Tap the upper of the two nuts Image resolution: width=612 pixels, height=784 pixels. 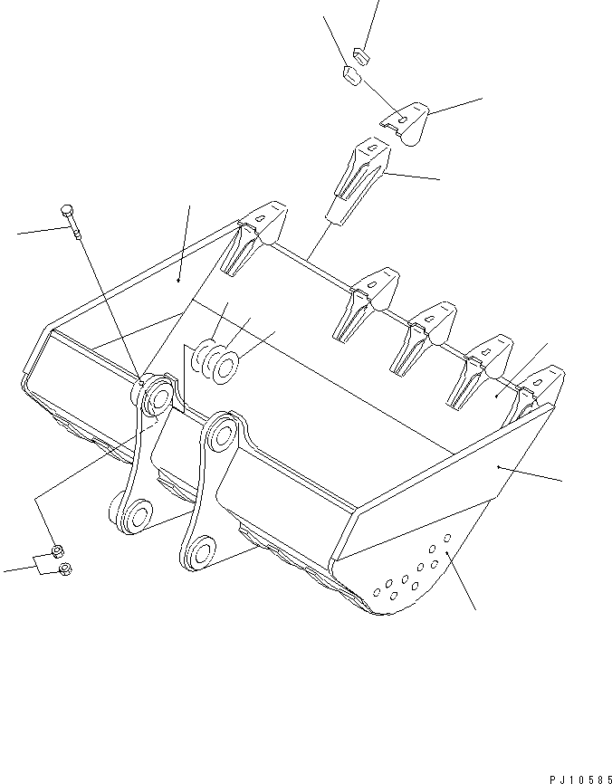pyautogui.click(x=55, y=550)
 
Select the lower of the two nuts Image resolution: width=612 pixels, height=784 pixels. pyautogui.click(x=65, y=569)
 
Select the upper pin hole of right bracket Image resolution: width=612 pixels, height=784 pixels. pyautogui.click(x=222, y=435)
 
